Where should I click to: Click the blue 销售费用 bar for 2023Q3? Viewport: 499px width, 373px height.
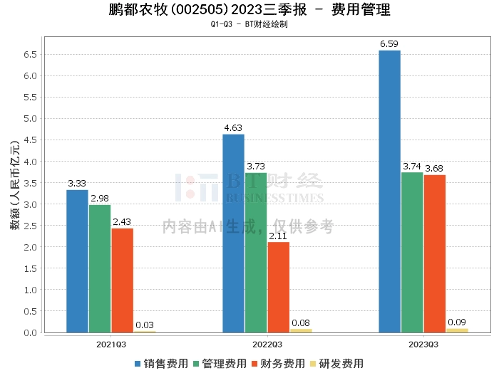(389, 191)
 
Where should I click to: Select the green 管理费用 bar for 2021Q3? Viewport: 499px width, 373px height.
(100, 269)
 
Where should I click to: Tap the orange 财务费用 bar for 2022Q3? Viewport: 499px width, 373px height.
(279, 287)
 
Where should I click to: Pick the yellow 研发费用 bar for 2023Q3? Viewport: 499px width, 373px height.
(457, 331)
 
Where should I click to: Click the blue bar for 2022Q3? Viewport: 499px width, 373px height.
(233, 233)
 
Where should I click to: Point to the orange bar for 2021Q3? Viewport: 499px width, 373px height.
(123, 280)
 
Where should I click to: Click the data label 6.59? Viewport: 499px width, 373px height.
(389, 44)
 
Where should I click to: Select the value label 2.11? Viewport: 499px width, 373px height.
(278, 236)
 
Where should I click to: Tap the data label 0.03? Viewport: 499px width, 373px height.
(145, 325)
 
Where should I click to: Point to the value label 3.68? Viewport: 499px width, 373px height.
(434, 169)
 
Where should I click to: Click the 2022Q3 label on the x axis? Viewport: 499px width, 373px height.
(267, 345)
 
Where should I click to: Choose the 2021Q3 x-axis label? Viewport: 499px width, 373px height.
(111, 345)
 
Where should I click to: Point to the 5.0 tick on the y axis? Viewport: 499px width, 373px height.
(30, 118)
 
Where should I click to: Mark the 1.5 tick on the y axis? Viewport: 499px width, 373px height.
(30, 268)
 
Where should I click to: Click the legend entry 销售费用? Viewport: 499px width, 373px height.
(161, 364)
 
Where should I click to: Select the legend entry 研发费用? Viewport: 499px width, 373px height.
(336, 364)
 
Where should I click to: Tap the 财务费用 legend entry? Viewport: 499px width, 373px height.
(278, 364)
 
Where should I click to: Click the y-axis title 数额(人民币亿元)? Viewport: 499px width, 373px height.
(15, 185)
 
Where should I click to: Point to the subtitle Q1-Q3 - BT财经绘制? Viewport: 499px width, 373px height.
(249, 24)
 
